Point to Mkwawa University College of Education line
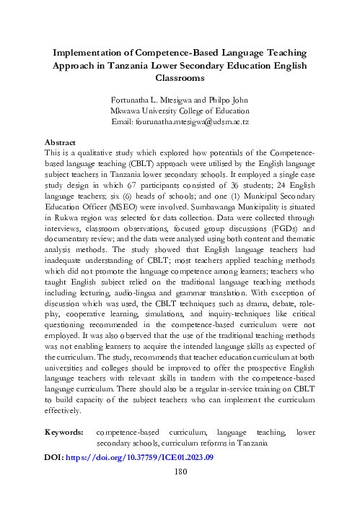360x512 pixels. tap(179, 111)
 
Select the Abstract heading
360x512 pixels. tap(61, 144)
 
